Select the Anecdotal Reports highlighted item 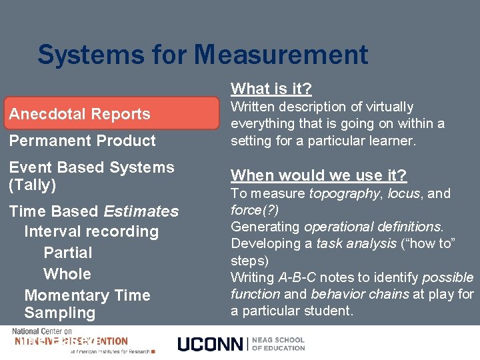[x=79, y=114]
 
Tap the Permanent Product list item [x=82, y=141]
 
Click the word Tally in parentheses [x=32, y=185]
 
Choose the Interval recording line [x=91, y=232]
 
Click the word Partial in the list [x=67, y=253]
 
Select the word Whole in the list [x=67, y=274]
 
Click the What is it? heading [x=271, y=89]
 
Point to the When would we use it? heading [x=319, y=175]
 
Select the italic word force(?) [x=255, y=210]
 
